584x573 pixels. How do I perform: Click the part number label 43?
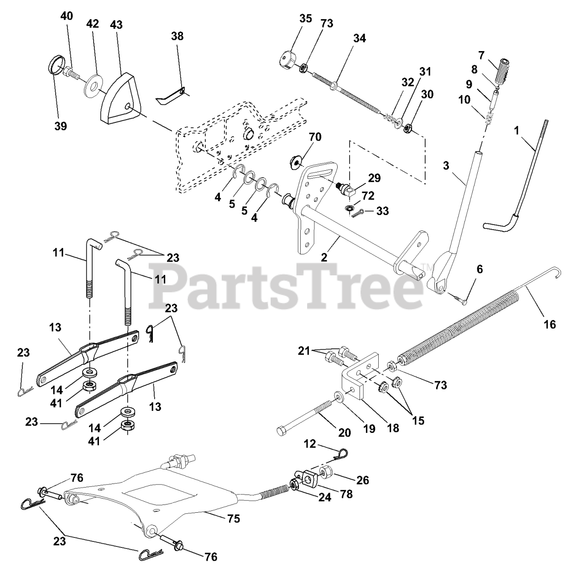point(116,25)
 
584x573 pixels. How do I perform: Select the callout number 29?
point(375,178)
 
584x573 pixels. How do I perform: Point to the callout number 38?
point(177,36)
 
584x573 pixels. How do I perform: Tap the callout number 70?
point(315,137)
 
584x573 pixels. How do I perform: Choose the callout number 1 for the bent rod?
point(516,130)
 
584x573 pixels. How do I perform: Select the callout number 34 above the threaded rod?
point(359,38)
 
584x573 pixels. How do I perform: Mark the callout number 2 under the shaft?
point(324,257)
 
